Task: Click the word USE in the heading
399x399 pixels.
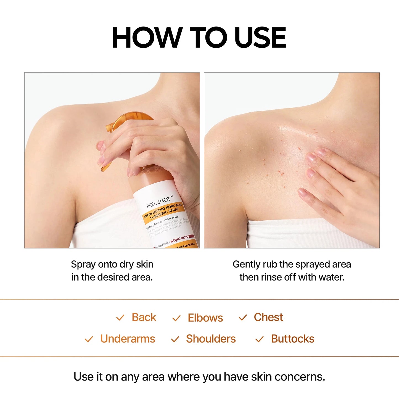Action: tap(260, 38)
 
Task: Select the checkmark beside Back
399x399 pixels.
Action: tap(120, 318)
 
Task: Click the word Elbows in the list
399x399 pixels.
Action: tap(205, 318)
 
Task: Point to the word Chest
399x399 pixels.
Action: tap(268, 317)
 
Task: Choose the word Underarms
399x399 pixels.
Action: tap(128, 339)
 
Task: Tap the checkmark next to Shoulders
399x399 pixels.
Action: tap(175, 339)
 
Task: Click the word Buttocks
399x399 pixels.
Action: tap(292, 339)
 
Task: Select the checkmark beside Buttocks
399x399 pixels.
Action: tap(259, 339)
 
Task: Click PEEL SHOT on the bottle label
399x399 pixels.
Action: tap(158, 202)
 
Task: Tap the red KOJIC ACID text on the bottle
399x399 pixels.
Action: tap(179, 239)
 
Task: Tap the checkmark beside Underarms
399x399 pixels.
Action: tap(89, 339)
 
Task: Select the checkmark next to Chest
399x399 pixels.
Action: tap(242, 318)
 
